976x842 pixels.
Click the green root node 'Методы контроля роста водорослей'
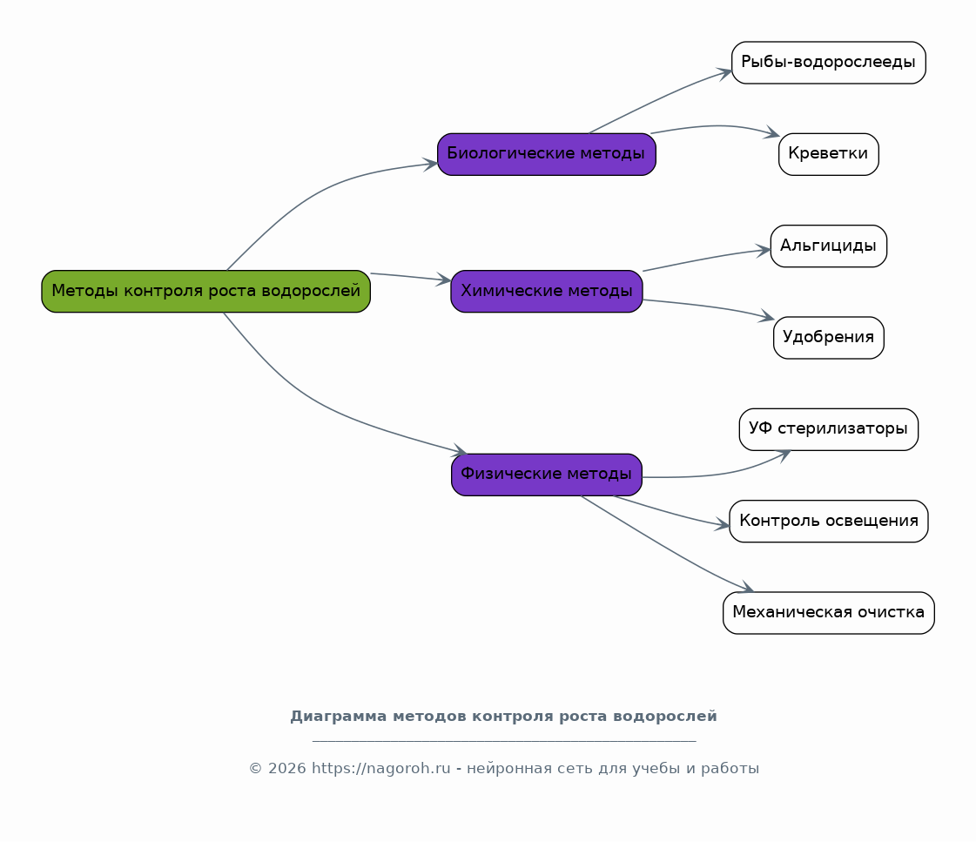click(x=206, y=291)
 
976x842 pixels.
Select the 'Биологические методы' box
click(x=547, y=154)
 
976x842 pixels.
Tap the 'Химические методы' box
click(x=547, y=291)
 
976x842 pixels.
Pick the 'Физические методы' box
click(x=547, y=475)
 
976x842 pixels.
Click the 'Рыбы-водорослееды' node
click(x=829, y=63)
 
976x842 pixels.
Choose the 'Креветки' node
click(x=829, y=154)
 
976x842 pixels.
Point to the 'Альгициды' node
click(x=829, y=246)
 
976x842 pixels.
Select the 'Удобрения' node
click(x=829, y=338)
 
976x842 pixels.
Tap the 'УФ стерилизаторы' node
click(x=829, y=429)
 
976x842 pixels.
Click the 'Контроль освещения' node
click(x=829, y=522)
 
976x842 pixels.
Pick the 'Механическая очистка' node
click(x=829, y=613)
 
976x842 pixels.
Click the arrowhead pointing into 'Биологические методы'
click(x=431, y=165)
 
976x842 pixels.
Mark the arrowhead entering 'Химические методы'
click(x=444, y=280)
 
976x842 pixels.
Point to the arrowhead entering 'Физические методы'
click(x=461, y=450)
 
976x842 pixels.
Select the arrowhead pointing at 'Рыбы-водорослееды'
click(x=725, y=74)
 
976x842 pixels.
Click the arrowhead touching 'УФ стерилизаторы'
click(x=784, y=455)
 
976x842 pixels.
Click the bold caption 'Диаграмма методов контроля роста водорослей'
click(x=503, y=717)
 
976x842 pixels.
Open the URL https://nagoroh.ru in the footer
click(x=381, y=769)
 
